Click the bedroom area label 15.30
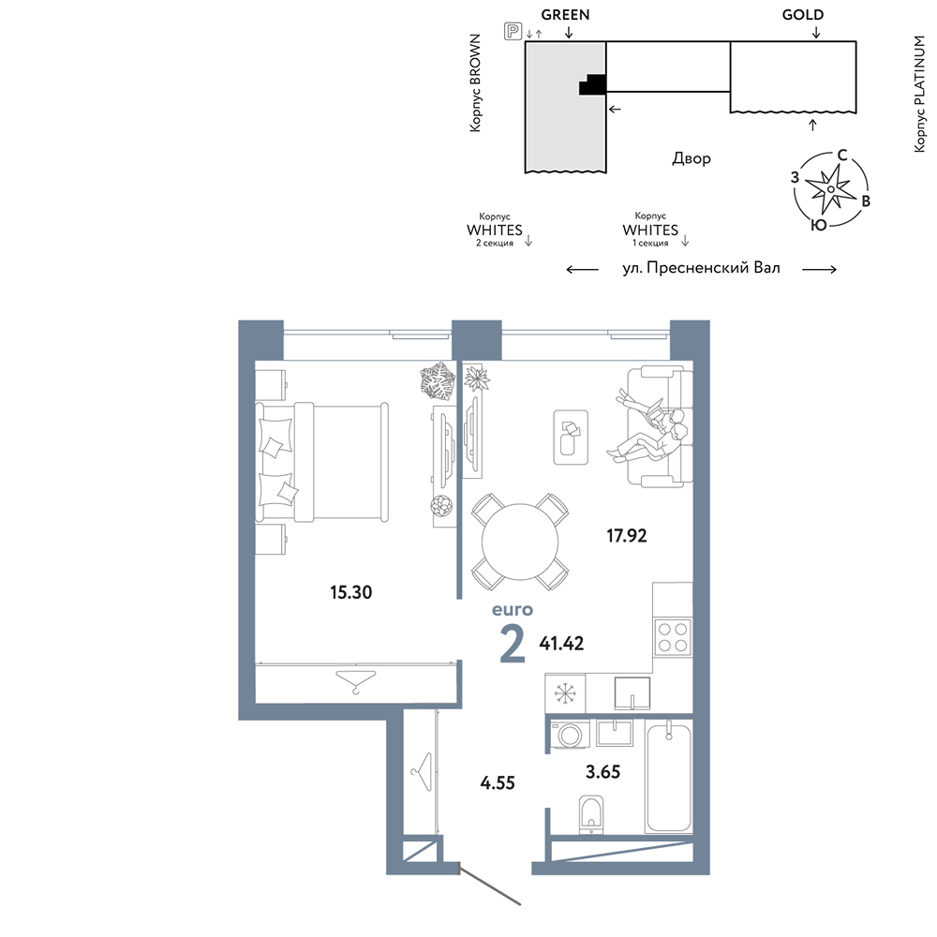[350, 592]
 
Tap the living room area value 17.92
[626, 535]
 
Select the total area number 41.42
[561, 643]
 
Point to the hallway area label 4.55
[498, 782]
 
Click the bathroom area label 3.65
[602, 771]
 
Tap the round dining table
[520, 542]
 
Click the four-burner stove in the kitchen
[672, 637]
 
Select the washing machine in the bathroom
[570, 734]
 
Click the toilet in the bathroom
[591, 814]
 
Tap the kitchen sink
[632, 693]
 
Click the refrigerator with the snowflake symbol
[565, 693]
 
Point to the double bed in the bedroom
[322, 462]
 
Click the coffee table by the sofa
[571, 437]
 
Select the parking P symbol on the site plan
[513, 31]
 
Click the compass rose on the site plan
[830, 189]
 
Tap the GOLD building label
[803, 15]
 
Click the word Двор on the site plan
[692, 158]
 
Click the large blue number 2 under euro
[513, 644]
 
